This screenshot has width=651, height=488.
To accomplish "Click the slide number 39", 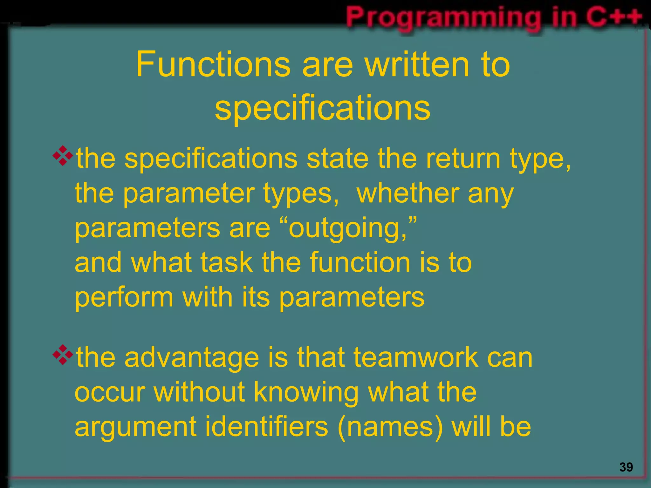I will coord(626,467).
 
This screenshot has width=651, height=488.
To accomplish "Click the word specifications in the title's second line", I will coord(322,108).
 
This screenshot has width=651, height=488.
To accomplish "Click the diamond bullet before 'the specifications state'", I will coord(63,156).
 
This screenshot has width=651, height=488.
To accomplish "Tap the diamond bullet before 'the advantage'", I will coord(63,354).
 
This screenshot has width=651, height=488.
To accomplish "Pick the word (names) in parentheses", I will coord(390,427).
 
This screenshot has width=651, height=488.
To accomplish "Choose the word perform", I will coord(124,298).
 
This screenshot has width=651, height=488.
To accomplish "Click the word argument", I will coord(135,428).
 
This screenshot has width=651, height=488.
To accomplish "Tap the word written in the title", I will coord(417,65).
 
